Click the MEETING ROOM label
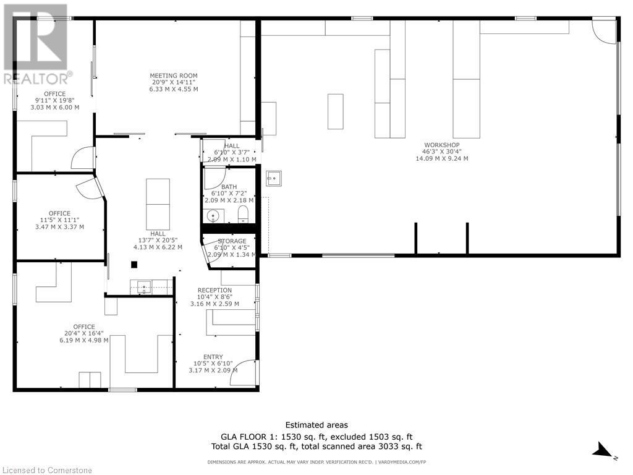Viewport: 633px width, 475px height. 173,76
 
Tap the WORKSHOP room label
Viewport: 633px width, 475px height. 441,145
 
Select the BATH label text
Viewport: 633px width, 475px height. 229,187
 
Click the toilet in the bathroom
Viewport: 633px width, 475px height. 243,215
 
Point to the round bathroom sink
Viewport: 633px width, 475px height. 213,216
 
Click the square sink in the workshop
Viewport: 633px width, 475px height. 273,178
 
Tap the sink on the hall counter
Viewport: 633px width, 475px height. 144,286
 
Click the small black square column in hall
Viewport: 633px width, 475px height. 134,265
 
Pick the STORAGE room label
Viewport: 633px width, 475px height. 231,241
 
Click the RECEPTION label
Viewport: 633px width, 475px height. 215,290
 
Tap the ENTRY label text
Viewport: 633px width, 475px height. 213,357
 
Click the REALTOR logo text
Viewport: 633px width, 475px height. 37,79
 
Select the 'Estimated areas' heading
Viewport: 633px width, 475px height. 316,425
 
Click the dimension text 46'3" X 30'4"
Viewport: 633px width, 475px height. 441,152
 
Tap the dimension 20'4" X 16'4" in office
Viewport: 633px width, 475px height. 83,333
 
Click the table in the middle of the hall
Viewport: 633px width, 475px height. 157,203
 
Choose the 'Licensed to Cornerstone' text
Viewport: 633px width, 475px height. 46,470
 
